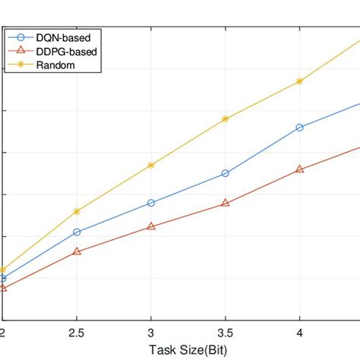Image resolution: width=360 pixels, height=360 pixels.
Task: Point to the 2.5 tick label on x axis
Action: coord(77,333)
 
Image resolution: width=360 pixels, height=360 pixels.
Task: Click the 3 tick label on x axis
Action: coord(151,333)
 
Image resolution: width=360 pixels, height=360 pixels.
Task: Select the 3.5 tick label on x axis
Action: coord(226,333)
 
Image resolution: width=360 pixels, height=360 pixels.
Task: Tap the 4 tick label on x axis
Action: coord(300,333)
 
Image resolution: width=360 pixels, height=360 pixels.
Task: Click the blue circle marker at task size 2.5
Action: coord(77,232)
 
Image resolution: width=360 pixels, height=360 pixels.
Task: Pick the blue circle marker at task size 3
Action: coord(151,203)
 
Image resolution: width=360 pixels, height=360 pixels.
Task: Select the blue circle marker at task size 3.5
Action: coord(226,173)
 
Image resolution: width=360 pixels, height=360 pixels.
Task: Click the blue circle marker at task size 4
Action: coord(300,128)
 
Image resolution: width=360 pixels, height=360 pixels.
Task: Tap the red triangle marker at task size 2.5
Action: coord(77,251)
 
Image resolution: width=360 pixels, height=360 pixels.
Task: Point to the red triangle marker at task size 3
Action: coord(151,226)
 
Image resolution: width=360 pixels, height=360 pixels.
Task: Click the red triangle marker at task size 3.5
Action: coord(226,203)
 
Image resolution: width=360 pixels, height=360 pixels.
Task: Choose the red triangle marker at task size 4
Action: coord(300,169)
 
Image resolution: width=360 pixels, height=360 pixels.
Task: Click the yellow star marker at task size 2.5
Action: coord(77,211)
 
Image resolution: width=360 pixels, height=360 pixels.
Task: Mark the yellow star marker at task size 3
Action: coord(151,165)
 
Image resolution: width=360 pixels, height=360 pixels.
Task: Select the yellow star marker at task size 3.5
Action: coord(226,118)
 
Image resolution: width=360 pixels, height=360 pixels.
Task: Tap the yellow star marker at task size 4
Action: coord(300,81)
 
